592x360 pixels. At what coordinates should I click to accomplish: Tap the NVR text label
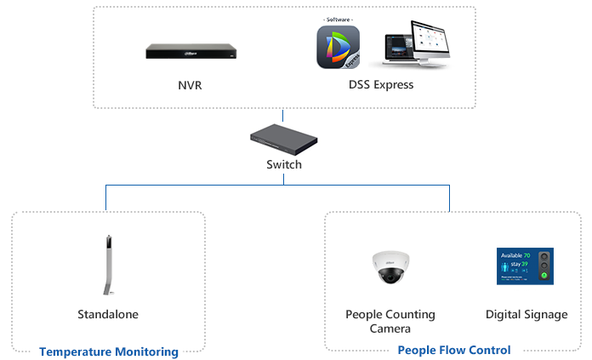coord(190,85)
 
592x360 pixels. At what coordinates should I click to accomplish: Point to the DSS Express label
coord(381,85)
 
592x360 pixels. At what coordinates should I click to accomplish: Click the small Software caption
coord(338,19)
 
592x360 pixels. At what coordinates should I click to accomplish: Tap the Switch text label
coord(284,164)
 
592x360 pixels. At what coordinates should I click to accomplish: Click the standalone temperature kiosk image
coord(109,265)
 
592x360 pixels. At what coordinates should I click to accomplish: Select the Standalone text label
coord(108,315)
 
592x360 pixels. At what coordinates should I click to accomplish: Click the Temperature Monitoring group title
coord(109,351)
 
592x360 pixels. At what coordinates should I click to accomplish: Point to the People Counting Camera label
coord(390,321)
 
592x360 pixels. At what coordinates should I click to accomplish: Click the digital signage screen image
coord(525,266)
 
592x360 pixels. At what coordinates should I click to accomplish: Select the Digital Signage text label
coord(527,315)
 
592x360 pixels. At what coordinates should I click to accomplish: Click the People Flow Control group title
coord(454,350)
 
